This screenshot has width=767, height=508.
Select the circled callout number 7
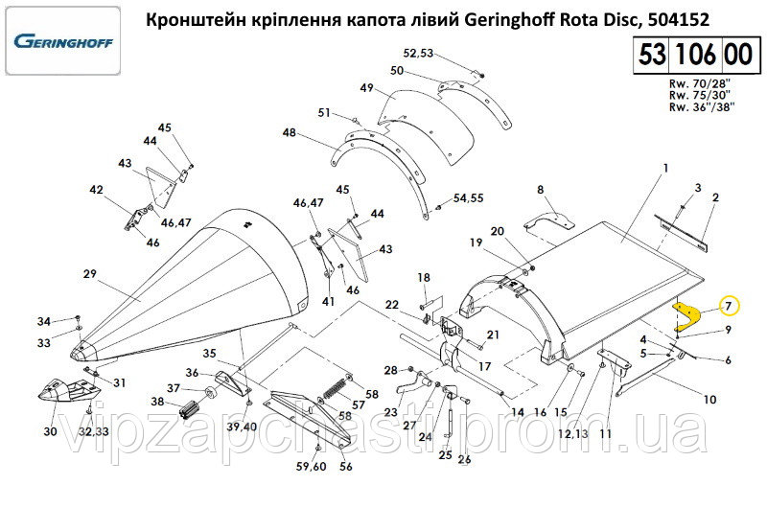[728, 306]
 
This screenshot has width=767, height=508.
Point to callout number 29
[89, 274]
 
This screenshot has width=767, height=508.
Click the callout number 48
[289, 133]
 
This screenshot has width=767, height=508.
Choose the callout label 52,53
[419, 53]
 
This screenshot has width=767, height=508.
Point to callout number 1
[664, 169]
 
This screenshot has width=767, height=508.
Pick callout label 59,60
[312, 467]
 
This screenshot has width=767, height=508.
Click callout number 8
[540, 190]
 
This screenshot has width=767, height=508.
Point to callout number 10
[709, 399]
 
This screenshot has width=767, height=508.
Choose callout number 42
[96, 191]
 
